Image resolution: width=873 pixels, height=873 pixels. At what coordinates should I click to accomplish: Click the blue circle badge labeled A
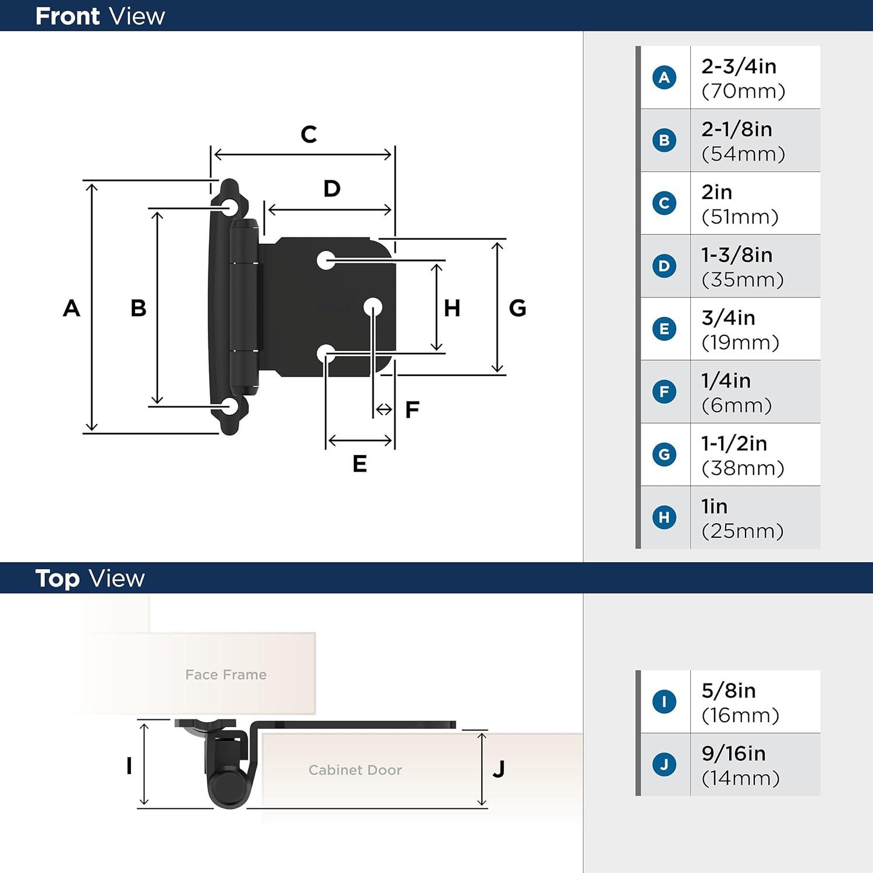tap(664, 77)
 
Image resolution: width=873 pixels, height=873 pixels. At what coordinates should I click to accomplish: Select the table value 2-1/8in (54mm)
tap(743, 141)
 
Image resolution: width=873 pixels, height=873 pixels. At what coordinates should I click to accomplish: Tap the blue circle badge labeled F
tap(664, 392)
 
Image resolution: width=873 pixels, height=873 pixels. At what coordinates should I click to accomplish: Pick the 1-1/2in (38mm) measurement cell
tap(743, 455)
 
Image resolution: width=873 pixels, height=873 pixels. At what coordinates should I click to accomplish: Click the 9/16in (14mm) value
tap(740, 765)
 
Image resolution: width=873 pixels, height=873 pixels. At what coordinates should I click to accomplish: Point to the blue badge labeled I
tap(664, 702)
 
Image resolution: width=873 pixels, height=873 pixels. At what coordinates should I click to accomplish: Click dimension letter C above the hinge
tap(308, 134)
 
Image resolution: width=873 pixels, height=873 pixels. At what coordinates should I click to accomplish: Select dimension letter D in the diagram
tap(332, 189)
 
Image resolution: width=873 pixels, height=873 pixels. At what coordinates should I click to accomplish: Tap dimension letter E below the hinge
tap(360, 464)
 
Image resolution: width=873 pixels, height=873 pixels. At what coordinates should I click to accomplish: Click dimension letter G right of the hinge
tap(517, 308)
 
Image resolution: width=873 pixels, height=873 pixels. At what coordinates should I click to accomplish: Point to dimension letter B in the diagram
tap(138, 308)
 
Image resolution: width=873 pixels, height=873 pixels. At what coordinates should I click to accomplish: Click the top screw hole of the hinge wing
tap(229, 208)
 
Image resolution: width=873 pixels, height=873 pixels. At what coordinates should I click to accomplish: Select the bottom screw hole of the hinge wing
tap(229, 407)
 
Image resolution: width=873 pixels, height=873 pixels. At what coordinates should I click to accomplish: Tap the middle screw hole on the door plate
tap(373, 307)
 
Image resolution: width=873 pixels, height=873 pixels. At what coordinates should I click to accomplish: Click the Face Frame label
tap(226, 675)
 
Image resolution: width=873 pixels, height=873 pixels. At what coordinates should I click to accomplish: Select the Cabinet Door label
tap(355, 770)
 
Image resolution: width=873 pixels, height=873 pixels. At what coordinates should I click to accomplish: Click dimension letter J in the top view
tap(499, 769)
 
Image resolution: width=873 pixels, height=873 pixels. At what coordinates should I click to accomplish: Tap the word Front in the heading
tap(68, 16)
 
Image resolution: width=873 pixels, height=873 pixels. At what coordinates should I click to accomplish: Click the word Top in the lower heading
tap(57, 579)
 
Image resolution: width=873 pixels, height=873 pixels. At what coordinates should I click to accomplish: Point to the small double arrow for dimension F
tap(384, 410)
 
